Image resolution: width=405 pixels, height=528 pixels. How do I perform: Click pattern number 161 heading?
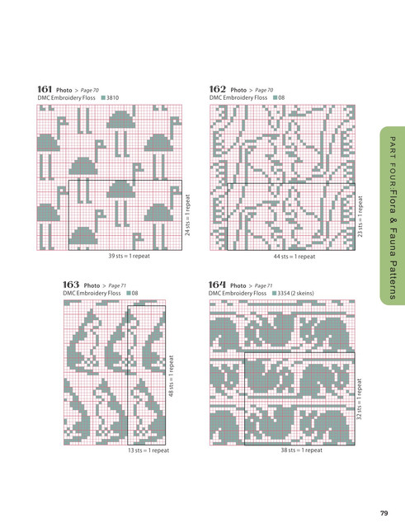point(45,89)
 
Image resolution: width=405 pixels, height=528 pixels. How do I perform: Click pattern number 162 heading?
point(217,89)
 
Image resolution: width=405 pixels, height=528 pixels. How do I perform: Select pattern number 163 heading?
point(71,285)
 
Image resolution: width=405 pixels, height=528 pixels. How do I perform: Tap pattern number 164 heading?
point(217,285)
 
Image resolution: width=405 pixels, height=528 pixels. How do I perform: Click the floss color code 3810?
point(112,97)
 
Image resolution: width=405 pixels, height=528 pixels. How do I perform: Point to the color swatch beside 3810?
point(103,97)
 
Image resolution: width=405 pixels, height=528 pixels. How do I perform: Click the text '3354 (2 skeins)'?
point(295,294)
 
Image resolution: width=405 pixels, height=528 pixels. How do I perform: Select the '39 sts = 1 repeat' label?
point(129,256)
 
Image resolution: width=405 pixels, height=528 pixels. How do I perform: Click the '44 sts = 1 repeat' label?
point(294,257)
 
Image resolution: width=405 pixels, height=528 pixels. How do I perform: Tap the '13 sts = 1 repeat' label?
point(148,450)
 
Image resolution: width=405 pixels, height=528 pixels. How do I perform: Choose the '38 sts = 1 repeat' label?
point(302,450)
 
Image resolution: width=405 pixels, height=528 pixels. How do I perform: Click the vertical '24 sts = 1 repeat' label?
point(187,215)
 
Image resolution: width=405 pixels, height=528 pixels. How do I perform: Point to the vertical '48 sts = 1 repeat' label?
point(171,376)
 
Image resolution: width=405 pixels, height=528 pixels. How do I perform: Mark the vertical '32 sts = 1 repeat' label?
point(359,399)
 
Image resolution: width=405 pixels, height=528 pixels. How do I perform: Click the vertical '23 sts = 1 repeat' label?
point(360,216)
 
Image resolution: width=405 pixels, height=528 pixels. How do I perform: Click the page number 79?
point(384,513)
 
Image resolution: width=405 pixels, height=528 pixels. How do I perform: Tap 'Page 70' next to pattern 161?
point(90,90)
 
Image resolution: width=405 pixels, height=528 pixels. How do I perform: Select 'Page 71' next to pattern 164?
point(263,285)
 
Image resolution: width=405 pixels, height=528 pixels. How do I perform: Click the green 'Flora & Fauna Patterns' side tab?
point(392,215)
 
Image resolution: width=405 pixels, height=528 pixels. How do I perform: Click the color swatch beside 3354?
point(274,294)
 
